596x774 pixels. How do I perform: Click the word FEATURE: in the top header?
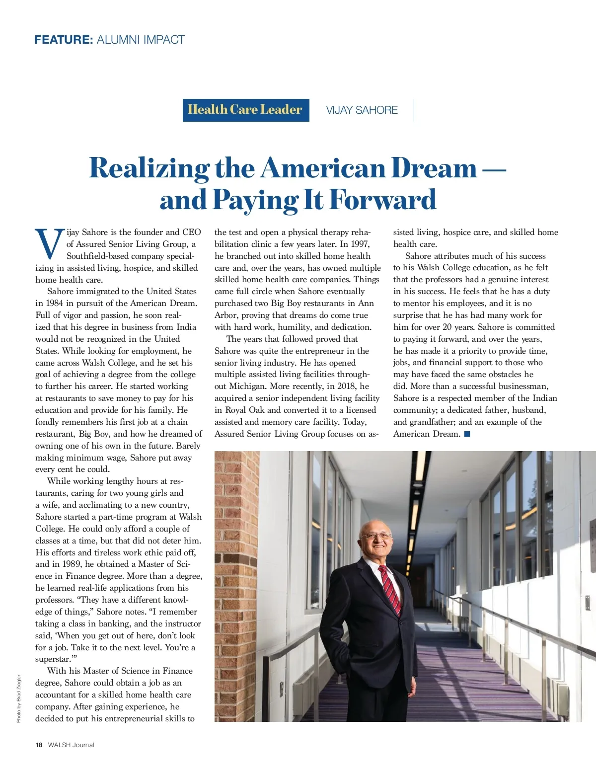coord(64,40)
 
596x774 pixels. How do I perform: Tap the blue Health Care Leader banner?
coord(245,110)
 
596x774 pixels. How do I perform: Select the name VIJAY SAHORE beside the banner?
coord(362,110)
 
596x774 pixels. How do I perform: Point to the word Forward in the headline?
coord(382,200)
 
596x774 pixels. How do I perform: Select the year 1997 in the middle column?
coord(360,244)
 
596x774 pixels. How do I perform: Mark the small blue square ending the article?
coord(467,434)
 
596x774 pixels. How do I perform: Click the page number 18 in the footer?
coord(39,745)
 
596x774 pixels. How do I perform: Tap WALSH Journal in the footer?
coord(71,745)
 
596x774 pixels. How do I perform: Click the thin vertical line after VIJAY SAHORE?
coord(414,110)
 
